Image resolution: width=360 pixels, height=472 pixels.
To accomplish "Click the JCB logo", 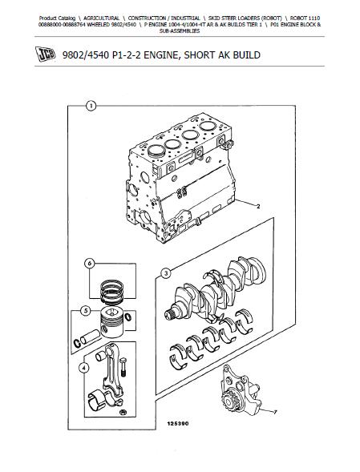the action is click(x=46, y=54).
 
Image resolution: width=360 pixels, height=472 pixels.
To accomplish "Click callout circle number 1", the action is click(x=91, y=106).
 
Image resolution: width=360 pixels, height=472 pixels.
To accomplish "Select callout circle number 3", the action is click(x=165, y=273).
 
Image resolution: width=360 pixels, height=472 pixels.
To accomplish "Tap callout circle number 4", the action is click(x=83, y=368).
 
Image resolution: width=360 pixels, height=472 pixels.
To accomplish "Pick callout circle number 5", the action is click(x=86, y=311).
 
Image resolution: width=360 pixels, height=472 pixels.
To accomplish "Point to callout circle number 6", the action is click(x=90, y=264).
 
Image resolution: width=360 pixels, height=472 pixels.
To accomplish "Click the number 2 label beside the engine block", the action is click(x=258, y=207).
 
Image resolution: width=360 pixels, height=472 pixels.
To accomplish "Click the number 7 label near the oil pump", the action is click(x=275, y=413).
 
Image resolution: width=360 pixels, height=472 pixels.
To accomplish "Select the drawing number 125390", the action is click(x=178, y=424).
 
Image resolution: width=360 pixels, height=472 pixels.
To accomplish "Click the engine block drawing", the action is click(x=180, y=178).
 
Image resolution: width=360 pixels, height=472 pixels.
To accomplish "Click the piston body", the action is click(x=111, y=323).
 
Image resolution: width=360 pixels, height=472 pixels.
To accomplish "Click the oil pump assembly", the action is click(x=241, y=390).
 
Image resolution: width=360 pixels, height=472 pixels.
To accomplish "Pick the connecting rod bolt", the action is click(x=123, y=367).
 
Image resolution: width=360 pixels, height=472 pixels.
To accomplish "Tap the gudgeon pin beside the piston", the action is click(x=90, y=337).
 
